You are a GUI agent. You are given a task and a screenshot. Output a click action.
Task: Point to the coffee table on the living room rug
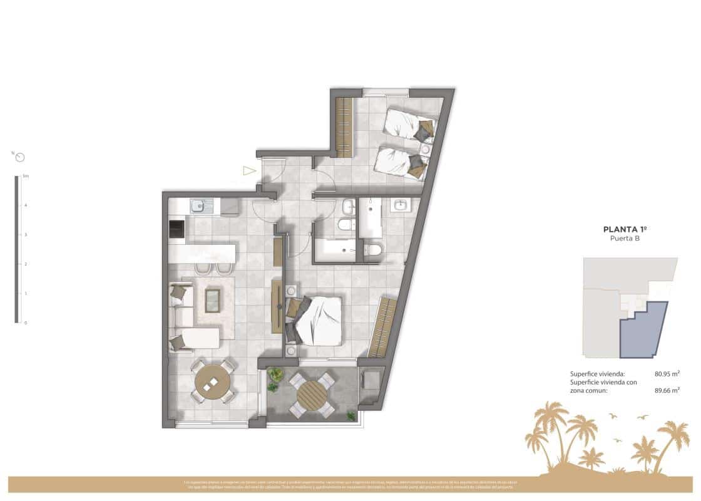coord(213,301)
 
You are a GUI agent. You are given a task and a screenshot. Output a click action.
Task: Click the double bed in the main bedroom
coord(318,320)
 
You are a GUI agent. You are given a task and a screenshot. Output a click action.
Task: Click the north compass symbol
coord(20,157)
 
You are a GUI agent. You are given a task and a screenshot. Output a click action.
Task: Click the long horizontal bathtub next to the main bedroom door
coord(335,252)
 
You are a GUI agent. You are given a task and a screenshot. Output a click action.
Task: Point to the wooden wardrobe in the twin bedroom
coord(344,127)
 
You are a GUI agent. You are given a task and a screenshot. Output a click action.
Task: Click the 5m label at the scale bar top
coord(26,177)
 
